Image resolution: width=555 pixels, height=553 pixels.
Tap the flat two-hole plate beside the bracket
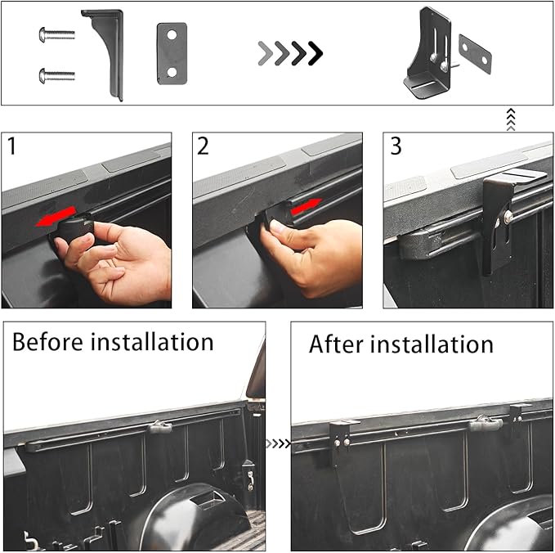[172, 53]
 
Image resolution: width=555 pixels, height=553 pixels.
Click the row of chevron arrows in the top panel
[290, 54]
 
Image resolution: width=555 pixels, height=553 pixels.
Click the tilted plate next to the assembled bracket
[476, 54]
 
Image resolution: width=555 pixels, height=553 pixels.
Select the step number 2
[204, 147]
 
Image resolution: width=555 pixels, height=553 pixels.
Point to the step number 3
[396, 147]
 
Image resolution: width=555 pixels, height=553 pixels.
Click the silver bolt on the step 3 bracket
[508, 216]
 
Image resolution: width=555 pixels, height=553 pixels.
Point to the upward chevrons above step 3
[512, 120]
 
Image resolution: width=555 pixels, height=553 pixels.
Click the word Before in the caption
[51, 340]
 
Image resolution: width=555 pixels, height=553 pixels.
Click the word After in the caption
[338, 344]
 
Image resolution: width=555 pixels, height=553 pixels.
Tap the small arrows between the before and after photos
[278, 443]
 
